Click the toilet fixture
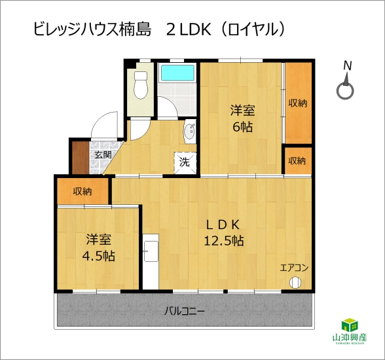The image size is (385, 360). pyautogui.click(x=141, y=85)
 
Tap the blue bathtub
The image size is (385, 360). pyautogui.click(x=177, y=73)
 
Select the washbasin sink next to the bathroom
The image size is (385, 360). pyautogui.click(x=190, y=132)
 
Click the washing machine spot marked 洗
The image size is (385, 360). pyautogui.click(x=185, y=163)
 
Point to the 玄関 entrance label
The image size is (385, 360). pyautogui.click(x=103, y=155)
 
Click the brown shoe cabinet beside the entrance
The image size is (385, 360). pyautogui.click(x=81, y=158)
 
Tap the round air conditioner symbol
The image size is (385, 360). pyautogui.click(x=295, y=283)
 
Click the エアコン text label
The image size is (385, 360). pyautogui.click(x=294, y=268)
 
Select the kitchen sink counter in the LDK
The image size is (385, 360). pyautogui.click(x=151, y=262)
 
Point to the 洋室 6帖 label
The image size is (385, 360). pyautogui.click(x=242, y=118)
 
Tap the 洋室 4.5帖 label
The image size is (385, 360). pyautogui.click(x=98, y=247)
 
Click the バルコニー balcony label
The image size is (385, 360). pyautogui.click(x=185, y=312)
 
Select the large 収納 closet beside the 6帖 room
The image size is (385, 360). pyautogui.click(x=298, y=103)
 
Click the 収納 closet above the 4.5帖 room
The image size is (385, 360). pyautogui.click(x=82, y=191)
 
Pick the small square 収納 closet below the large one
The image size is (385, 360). pyautogui.click(x=298, y=161)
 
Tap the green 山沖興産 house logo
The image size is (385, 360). pyautogui.click(x=350, y=331)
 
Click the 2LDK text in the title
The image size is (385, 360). pyautogui.click(x=189, y=30)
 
